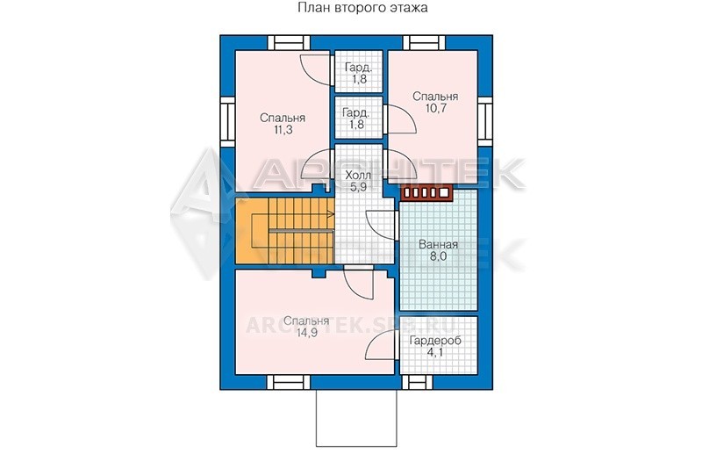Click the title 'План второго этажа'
point(362,8)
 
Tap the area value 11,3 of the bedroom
point(283,130)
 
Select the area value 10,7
point(435,108)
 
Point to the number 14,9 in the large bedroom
point(306,333)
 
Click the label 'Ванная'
point(438,244)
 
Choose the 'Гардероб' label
point(435,341)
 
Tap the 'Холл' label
point(358,175)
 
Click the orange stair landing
point(252,230)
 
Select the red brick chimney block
point(426,193)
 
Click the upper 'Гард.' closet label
point(358,68)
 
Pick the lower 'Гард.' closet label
point(356,112)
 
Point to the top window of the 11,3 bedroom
point(289,43)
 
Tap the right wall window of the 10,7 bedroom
point(485,119)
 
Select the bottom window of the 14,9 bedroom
point(289,382)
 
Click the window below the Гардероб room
point(418,382)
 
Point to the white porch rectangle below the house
point(356,417)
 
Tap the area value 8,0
point(438,256)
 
